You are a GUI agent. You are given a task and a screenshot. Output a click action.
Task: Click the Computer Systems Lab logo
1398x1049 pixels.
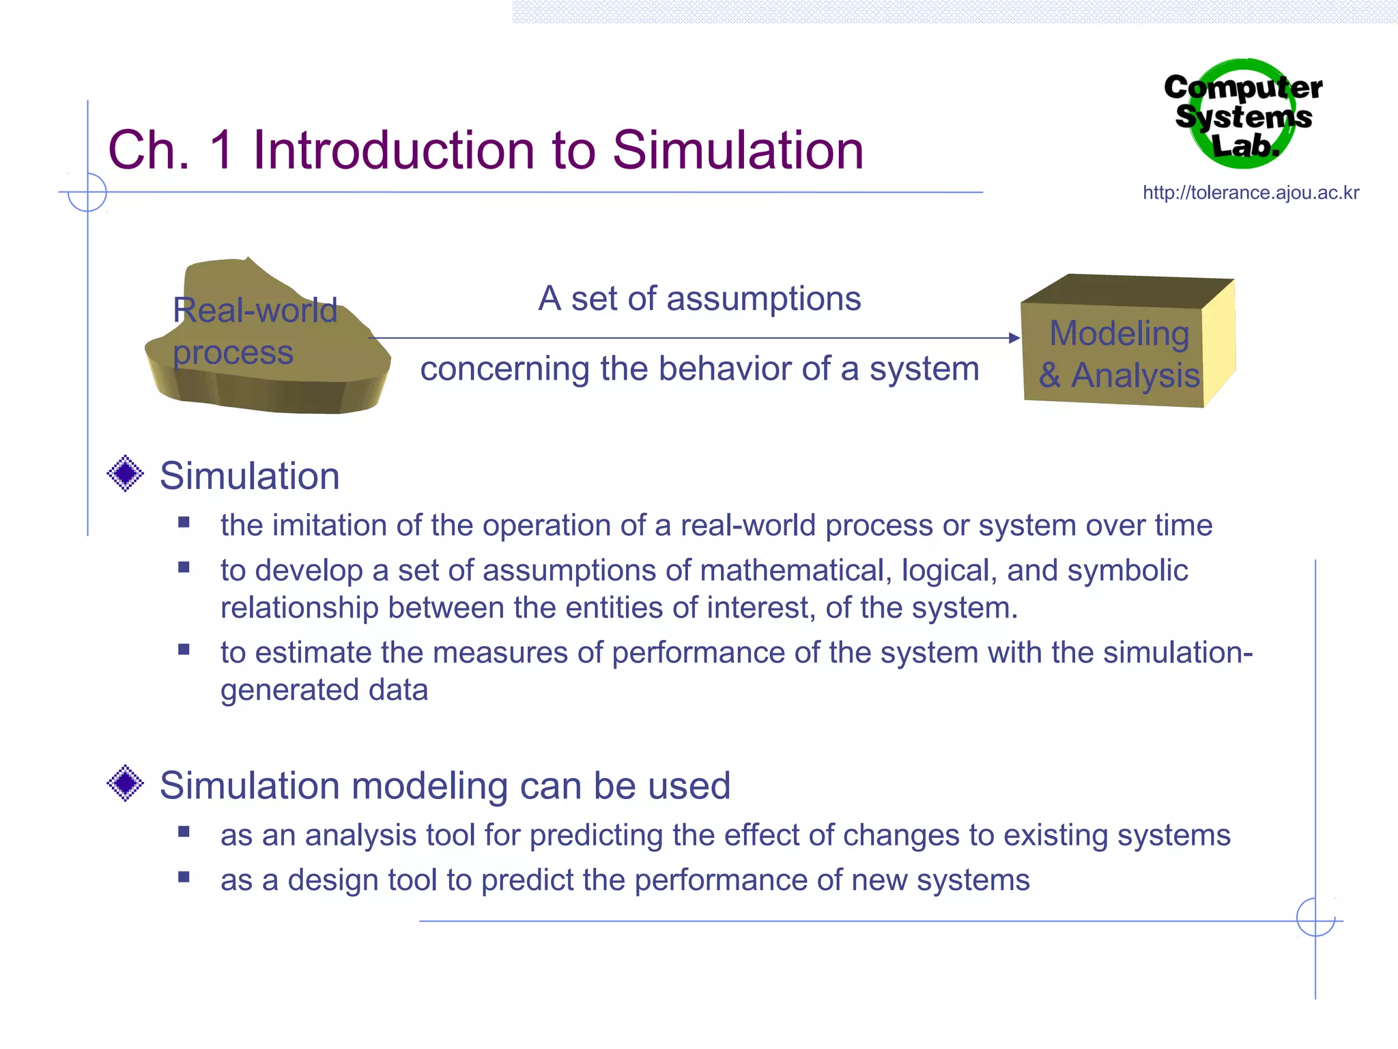(x=1244, y=115)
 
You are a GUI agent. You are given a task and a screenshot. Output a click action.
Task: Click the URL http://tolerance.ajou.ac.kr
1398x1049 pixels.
(x=1251, y=193)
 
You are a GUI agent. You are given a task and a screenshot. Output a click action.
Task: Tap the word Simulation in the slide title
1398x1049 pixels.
(x=738, y=150)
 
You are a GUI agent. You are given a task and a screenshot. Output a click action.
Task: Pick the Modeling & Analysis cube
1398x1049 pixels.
(x=1126, y=341)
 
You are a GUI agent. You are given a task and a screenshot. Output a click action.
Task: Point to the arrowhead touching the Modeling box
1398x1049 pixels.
(x=1014, y=338)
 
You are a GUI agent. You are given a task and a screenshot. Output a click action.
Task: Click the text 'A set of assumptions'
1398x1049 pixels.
(x=699, y=298)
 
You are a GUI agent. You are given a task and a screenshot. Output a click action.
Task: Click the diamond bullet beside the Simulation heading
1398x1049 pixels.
(x=126, y=473)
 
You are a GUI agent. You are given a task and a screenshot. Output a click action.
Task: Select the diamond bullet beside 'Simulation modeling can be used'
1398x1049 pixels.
(x=126, y=783)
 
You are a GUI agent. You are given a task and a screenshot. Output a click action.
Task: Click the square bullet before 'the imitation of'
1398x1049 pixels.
(x=184, y=523)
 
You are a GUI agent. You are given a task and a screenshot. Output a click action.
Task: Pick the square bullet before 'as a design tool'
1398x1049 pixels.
(x=184, y=878)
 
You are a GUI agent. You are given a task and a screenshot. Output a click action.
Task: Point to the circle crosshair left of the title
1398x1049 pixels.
(x=87, y=193)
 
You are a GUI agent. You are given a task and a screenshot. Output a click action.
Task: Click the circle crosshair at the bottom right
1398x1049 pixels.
(x=1315, y=918)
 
